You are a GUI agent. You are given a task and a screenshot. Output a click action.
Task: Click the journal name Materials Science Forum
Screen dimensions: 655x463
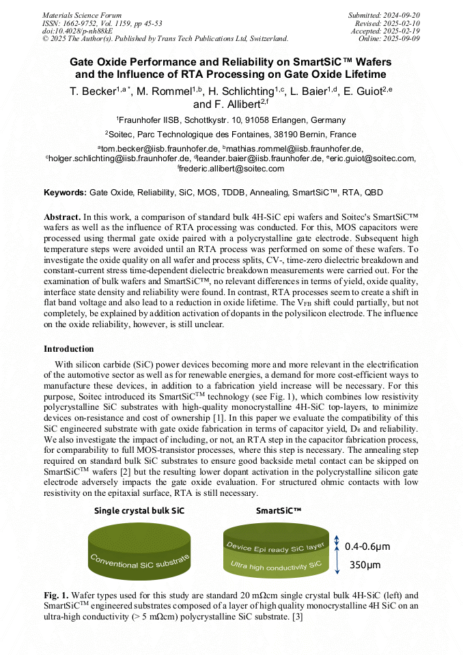tap(82, 15)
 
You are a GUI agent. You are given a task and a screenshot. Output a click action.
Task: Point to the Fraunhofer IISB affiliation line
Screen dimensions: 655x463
tap(231, 120)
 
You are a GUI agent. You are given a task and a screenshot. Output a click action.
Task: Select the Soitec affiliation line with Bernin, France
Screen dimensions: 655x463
tap(231, 135)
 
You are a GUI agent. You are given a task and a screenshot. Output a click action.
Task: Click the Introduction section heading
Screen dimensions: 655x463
tap(69, 349)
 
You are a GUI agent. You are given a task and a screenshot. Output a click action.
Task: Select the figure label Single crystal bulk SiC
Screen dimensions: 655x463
tap(139, 510)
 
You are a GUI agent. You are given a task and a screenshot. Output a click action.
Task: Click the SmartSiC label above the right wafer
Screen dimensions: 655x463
tap(279, 510)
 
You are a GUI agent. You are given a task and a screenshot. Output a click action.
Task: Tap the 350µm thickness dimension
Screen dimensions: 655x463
tap(365, 565)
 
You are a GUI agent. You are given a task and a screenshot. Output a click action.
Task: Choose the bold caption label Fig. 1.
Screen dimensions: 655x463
tap(55, 595)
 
